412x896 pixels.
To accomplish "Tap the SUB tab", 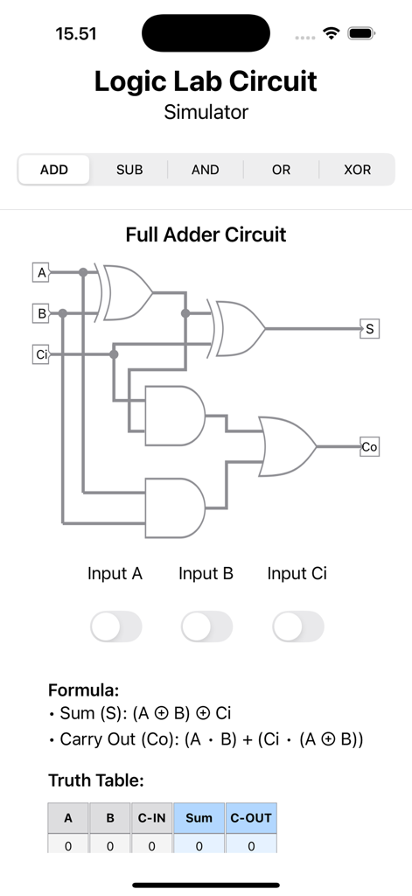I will pos(129,170).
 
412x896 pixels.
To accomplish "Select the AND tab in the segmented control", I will pos(206,170).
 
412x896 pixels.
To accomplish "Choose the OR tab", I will pos(281,170).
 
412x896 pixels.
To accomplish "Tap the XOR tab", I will pos(357,170).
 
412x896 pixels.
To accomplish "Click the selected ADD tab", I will pos(54,170).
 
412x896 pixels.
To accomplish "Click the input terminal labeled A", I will pos(40,272).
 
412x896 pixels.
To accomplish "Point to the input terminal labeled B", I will pos(40,312).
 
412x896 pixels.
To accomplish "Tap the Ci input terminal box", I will pos(40,354).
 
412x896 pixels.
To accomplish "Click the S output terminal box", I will pos(370,329).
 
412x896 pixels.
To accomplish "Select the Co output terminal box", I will pos(369,447).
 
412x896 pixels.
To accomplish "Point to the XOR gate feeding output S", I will pos(240,329).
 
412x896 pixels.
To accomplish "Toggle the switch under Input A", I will pos(115,626).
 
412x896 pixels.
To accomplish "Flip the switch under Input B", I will pos(206,626).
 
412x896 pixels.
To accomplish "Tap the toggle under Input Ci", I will pos(297,626).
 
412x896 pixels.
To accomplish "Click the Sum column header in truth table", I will pos(199,818).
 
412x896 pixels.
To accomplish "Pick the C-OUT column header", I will pos(251,818).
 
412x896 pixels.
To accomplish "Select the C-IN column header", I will pos(151,818).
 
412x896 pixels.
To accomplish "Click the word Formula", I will pos(83,690).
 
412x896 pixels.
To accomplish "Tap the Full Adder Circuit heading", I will pos(206,234).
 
